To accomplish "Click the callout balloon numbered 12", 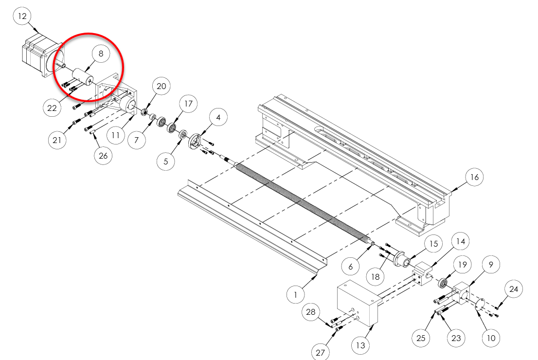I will point(22,16).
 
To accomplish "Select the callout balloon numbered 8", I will point(101,54).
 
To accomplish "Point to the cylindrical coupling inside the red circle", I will point(82,77).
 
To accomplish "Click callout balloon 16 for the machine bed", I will point(474,178).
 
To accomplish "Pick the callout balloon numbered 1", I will point(295,294).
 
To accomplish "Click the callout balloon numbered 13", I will point(360,346).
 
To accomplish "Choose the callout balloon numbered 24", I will point(514,289).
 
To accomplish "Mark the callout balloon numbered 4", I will point(218,118).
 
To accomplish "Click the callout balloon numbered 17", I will point(188,104).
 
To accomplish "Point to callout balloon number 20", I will point(161,87).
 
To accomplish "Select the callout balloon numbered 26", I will point(103,156).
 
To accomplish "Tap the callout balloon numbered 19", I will point(462,265).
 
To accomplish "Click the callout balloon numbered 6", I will point(351,267).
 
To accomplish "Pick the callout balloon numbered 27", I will point(320,353).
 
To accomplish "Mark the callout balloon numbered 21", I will point(57,140).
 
